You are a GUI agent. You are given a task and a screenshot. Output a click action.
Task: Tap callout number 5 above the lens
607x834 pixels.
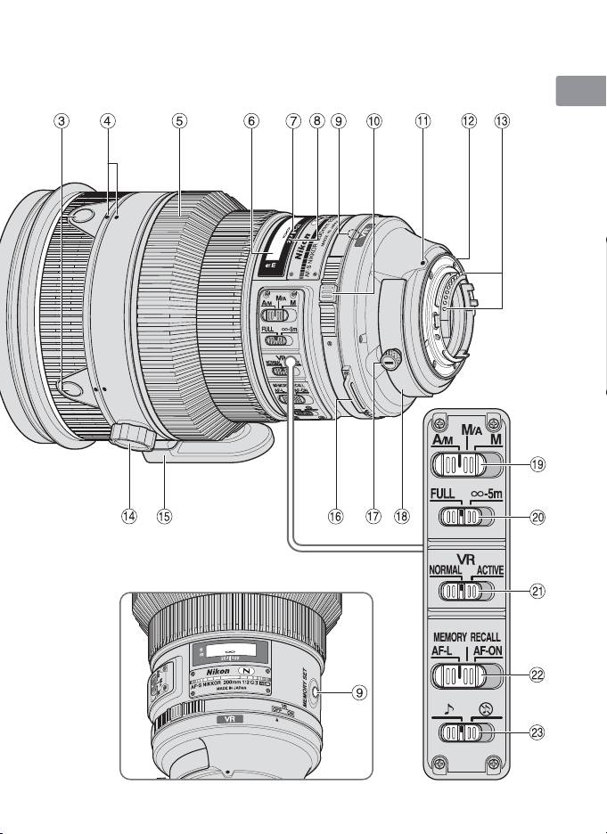(x=180, y=122)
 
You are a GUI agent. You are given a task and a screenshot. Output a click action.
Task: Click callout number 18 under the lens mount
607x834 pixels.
(x=408, y=517)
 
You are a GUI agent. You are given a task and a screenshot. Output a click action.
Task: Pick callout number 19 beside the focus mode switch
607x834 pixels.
(x=537, y=463)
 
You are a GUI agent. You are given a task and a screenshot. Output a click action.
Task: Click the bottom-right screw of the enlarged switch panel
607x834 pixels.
(x=490, y=764)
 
